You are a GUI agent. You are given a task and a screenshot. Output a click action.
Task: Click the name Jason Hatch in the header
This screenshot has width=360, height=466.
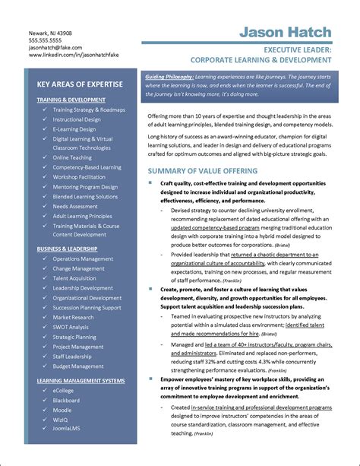[x=286, y=32]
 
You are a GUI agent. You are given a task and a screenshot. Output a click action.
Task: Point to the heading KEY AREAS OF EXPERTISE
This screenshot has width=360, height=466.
[x=80, y=84]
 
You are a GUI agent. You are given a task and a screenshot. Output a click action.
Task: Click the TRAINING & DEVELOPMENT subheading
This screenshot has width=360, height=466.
[x=71, y=99]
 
